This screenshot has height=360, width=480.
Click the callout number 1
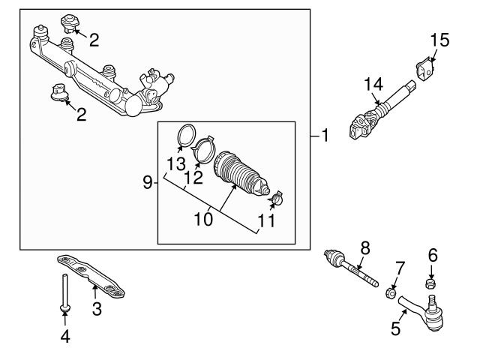[325, 136]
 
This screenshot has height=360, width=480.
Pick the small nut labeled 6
[431, 283]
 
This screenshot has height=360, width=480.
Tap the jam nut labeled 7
[391, 291]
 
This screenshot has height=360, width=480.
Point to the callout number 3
[96, 308]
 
